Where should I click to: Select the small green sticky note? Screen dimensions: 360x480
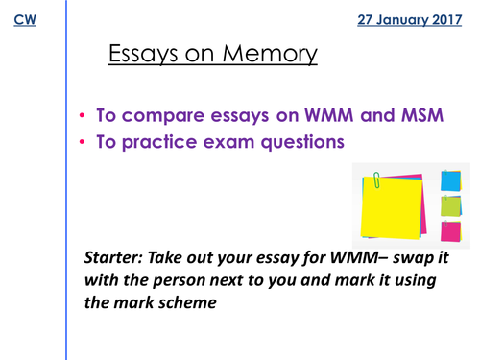click(450, 204)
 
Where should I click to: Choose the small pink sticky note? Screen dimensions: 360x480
click(450, 230)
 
